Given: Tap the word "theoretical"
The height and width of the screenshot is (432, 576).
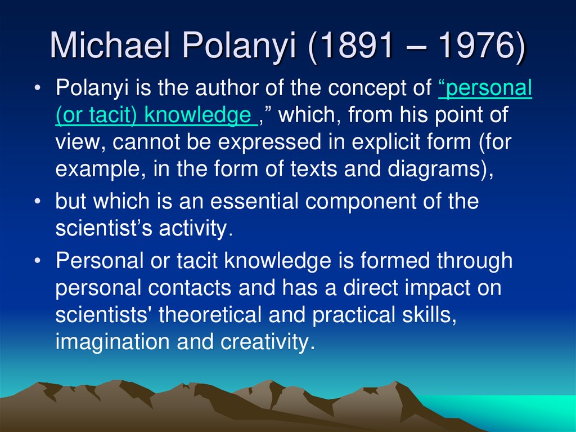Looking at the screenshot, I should pyautogui.click(x=211, y=315).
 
